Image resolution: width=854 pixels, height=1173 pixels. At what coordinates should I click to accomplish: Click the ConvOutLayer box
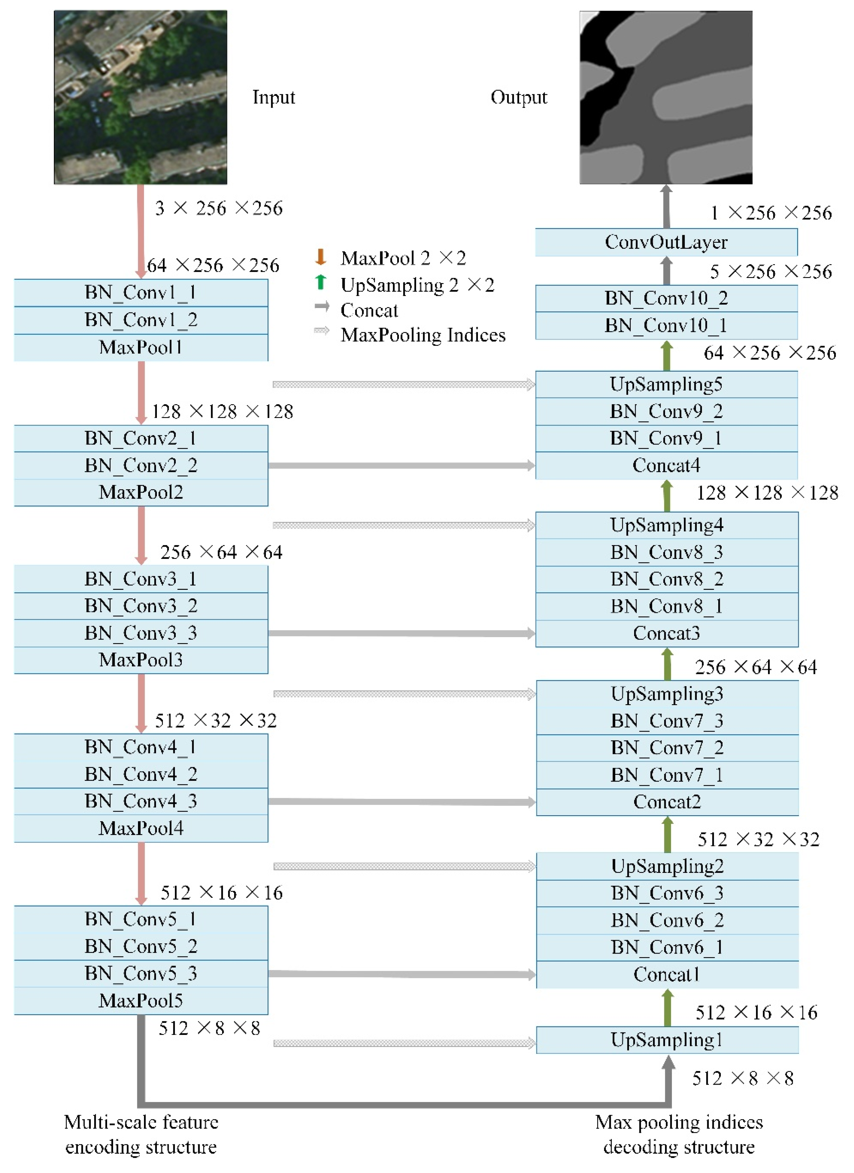coord(666,242)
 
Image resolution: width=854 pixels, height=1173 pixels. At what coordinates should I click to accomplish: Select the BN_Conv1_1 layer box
coord(140,293)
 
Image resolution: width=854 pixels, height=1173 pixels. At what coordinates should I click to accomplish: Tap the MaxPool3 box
coord(140,660)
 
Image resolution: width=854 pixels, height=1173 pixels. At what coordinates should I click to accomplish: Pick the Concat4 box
coord(666,466)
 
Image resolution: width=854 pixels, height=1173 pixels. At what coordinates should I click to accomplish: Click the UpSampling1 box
coord(667,1040)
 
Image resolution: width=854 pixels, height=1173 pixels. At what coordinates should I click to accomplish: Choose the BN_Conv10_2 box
coord(666,299)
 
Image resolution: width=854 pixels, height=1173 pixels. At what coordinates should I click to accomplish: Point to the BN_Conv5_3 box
coord(140,973)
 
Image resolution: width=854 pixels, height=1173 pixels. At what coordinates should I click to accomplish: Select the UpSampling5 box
coord(666,384)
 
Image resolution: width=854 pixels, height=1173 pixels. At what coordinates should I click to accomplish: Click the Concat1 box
coord(667,974)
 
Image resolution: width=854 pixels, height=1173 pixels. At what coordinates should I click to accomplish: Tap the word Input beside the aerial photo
coord(273,97)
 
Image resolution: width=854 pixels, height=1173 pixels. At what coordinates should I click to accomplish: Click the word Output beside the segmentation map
coord(519,97)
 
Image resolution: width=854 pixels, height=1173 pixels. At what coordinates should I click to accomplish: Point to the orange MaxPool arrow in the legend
coord(320,257)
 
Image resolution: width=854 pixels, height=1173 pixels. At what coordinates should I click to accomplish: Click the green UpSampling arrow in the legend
coord(320,282)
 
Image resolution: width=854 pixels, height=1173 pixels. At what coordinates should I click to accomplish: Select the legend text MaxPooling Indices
coord(423,335)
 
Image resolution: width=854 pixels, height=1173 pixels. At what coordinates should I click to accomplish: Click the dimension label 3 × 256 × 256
coord(219,208)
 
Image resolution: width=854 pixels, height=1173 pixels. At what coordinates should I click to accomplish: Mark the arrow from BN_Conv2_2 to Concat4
coord(401,466)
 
